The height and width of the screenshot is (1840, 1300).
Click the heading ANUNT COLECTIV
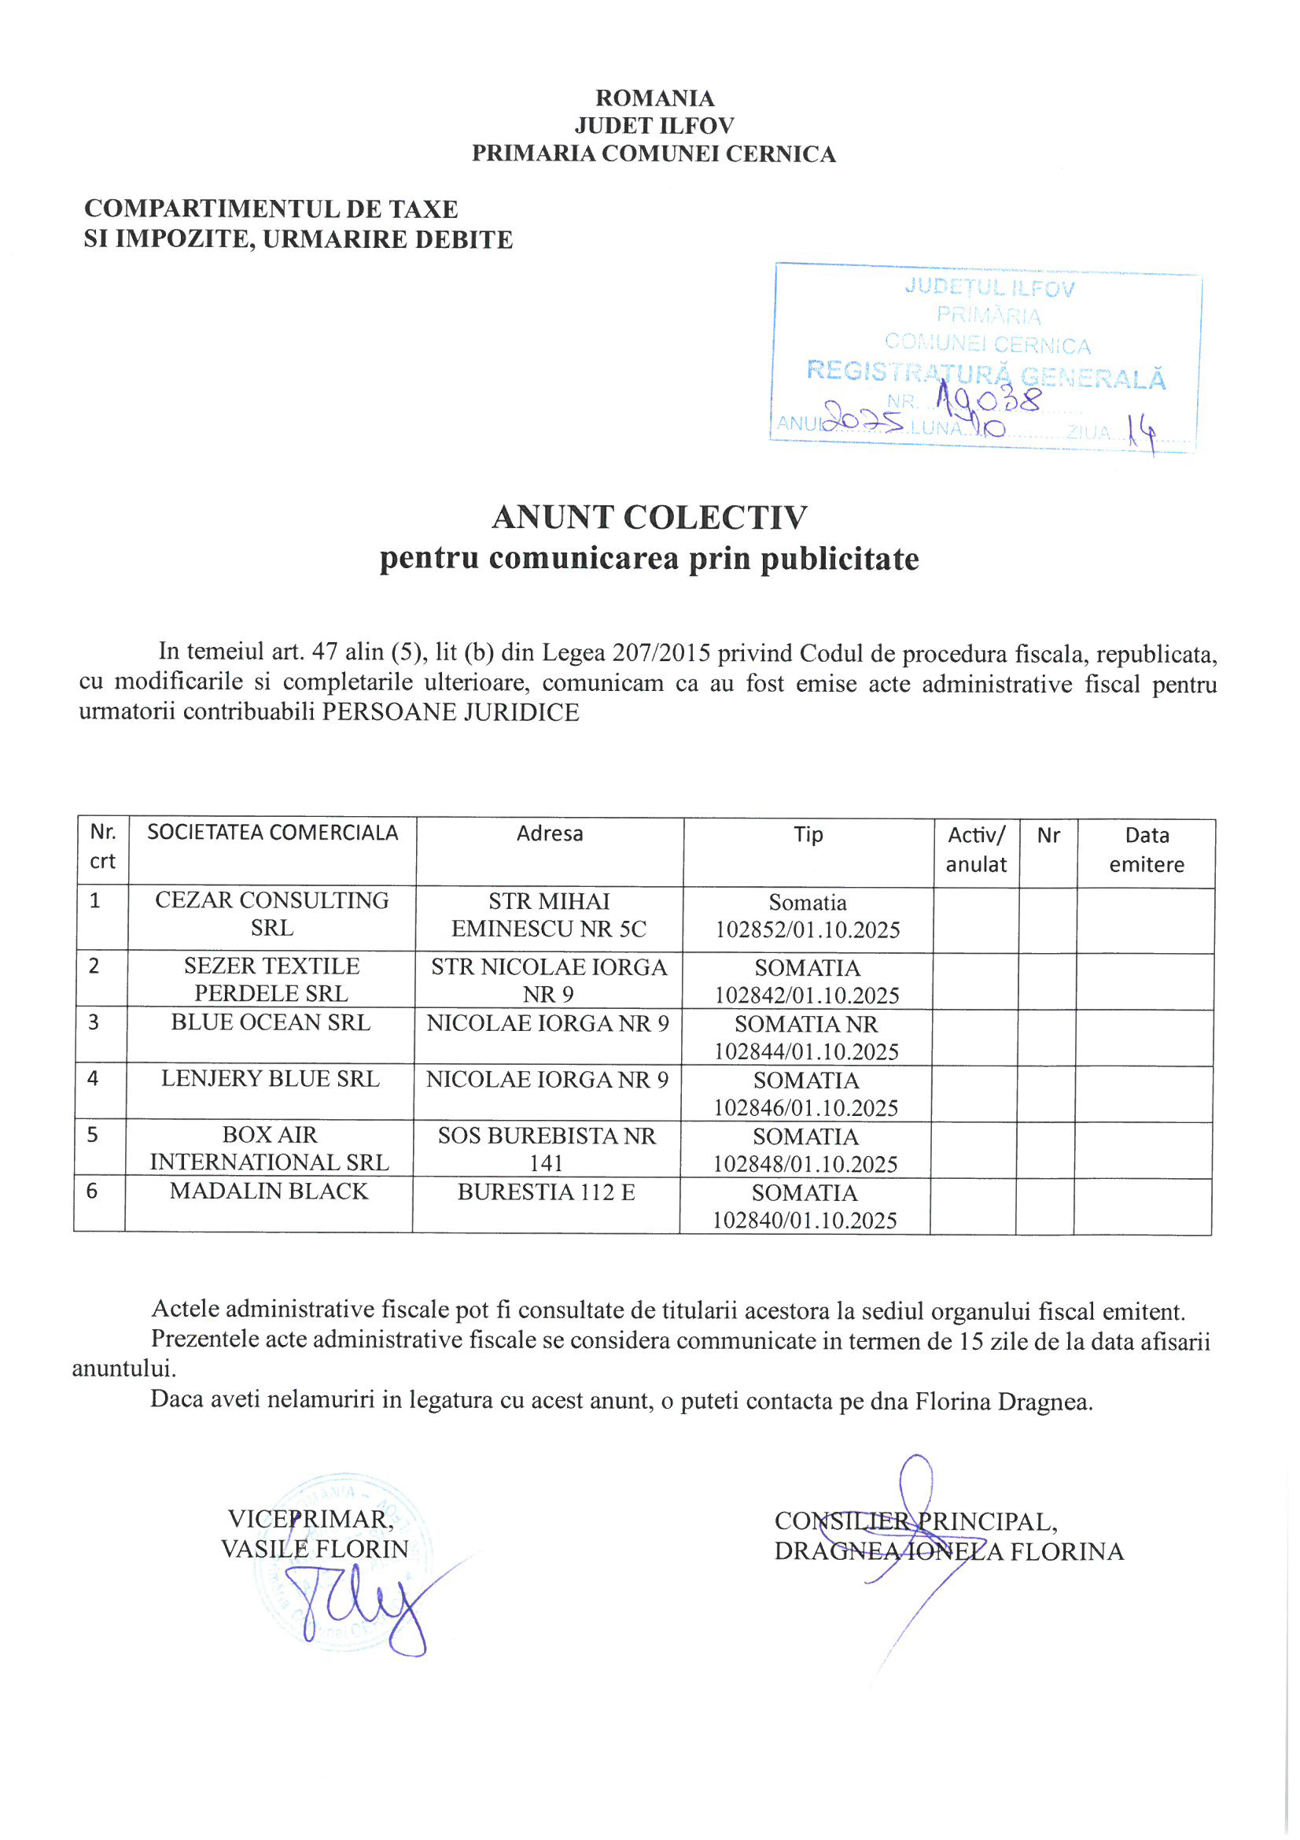tap(650, 518)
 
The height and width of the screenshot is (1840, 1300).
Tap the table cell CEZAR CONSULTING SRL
tap(271, 914)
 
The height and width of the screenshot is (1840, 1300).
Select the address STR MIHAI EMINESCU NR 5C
tap(549, 915)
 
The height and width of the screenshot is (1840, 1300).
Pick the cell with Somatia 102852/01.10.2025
tap(808, 916)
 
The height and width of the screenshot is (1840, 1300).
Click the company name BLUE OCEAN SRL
tap(271, 1023)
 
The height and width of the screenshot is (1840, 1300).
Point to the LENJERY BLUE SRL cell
tap(270, 1080)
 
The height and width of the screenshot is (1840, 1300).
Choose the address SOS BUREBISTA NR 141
tap(547, 1149)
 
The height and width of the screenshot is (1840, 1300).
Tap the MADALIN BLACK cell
tap(268, 1192)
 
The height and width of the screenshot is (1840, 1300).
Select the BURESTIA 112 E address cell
tap(547, 1192)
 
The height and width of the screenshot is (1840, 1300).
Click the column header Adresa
tap(550, 834)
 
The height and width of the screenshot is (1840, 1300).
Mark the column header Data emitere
tap(1146, 850)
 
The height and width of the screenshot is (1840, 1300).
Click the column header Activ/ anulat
tap(976, 850)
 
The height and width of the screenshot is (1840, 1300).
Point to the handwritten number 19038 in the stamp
tap(989, 398)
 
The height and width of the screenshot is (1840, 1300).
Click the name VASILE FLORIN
tap(315, 1549)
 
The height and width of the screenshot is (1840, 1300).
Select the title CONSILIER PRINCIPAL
tap(915, 1522)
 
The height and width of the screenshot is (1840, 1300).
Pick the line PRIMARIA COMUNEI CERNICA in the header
tap(654, 154)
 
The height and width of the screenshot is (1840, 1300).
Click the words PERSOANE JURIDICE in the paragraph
tap(450, 712)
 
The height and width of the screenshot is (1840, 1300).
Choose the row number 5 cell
tap(93, 1136)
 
